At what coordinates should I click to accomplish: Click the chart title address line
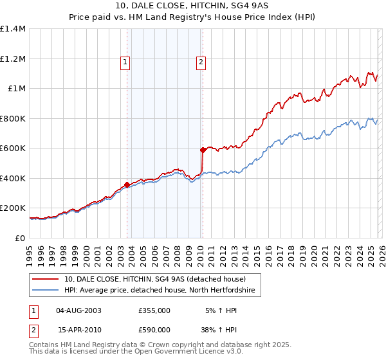(193, 6)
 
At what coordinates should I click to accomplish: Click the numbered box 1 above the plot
(125, 62)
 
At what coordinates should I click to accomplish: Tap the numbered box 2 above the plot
(201, 62)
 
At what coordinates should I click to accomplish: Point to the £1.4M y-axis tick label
(13, 29)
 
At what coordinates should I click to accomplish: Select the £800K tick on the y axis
(12, 118)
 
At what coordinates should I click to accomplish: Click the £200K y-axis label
(12, 208)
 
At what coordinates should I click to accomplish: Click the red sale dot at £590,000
(203, 150)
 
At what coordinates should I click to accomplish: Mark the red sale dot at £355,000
(127, 184)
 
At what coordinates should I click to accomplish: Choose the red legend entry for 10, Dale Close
(154, 279)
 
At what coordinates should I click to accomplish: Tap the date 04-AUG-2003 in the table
(78, 310)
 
